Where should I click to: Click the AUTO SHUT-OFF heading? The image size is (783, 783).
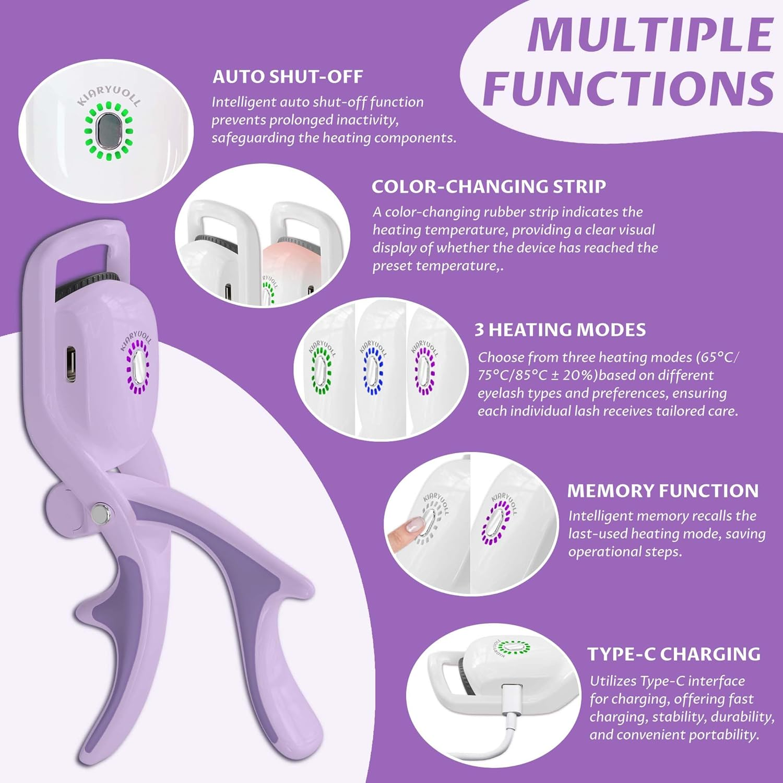pos(287,77)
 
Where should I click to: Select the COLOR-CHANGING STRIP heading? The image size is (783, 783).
pos(489,186)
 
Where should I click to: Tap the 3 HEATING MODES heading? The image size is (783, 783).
pos(560,330)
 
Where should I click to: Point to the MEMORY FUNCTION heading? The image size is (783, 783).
pos(662,491)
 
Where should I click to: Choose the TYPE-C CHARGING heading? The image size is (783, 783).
pos(673,654)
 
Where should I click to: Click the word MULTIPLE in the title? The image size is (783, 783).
pos(650,34)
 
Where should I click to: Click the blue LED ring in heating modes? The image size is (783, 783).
pos(373,370)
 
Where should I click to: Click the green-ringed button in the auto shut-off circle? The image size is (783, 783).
pos(109,130)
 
